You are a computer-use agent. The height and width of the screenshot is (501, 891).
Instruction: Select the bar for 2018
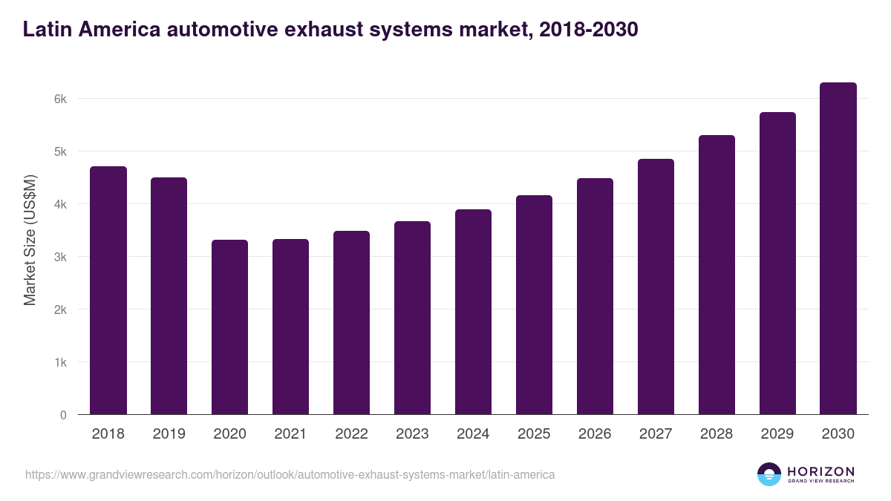(108, 290)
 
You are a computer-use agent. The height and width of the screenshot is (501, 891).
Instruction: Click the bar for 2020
(229, 327)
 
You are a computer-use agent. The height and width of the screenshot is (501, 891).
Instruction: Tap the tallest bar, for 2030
(838, 249)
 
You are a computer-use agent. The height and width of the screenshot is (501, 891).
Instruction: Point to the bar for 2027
(656, 286)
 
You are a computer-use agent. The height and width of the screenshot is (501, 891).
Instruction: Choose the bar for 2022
(351, 322)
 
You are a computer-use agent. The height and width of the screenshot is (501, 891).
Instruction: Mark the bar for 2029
(777, 263)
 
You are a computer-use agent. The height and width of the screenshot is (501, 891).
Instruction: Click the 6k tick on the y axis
(60, 99)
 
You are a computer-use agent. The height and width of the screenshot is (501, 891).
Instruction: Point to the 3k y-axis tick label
(60, 257)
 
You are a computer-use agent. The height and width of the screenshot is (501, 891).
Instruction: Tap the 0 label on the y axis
(63, 415)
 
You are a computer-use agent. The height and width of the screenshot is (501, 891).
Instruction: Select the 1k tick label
(60, 362)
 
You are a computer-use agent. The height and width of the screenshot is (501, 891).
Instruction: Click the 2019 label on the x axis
(169, 434)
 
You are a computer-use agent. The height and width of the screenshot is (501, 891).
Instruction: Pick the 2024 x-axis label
(473, 434)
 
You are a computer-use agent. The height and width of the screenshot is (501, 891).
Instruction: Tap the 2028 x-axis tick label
(717, 434)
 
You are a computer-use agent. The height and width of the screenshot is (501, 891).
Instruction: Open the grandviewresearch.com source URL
(290, 474)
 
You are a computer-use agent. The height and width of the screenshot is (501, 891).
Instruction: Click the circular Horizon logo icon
(769, 474)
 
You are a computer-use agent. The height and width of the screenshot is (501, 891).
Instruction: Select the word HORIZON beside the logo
(820, 471)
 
